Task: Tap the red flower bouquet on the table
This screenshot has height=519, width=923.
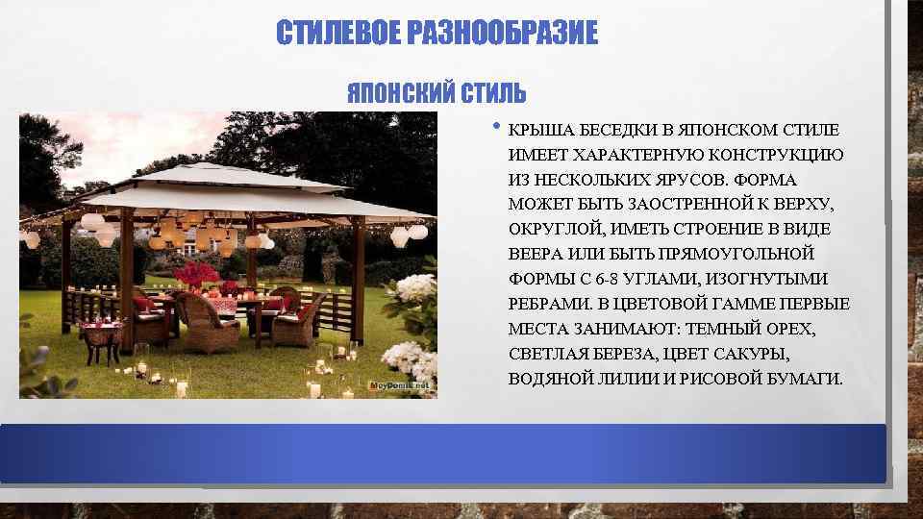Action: (197, 274)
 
